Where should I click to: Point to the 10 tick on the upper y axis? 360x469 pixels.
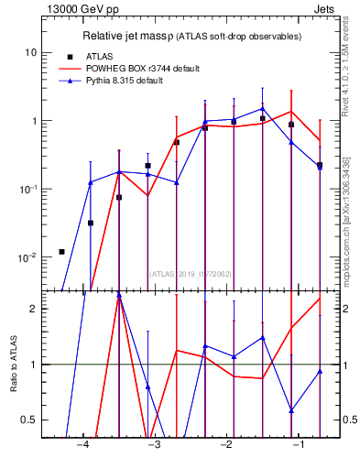pos(31,53)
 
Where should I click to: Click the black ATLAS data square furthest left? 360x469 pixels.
pos(61,252)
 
